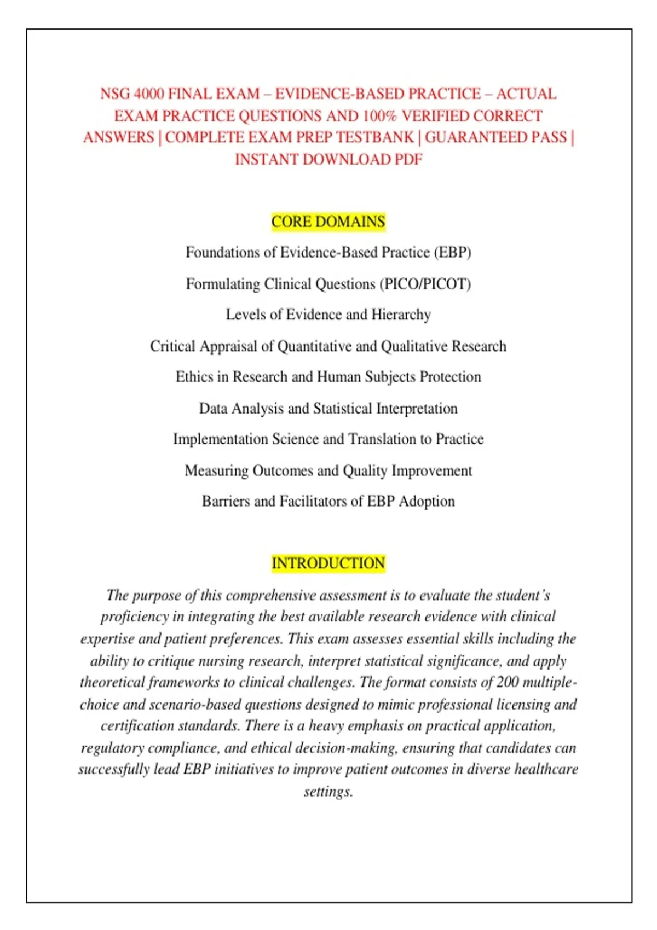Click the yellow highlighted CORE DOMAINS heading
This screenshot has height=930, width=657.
coord(328,222)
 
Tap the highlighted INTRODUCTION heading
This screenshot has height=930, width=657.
coord(328,563)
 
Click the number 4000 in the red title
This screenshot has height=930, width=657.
coord(149,94)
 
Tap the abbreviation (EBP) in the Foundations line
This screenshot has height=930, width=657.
coord(453,252)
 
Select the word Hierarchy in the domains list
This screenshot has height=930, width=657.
coord(401,315)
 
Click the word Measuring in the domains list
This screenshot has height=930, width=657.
coord(216,471)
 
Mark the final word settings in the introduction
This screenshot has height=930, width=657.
coord(328,791)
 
